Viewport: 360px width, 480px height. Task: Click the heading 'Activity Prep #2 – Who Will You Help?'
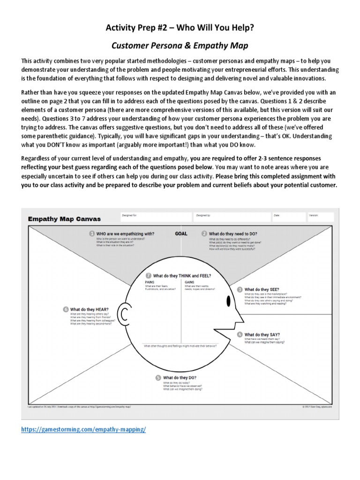(x=180, y=30)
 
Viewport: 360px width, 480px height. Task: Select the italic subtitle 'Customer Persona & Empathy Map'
(x=180, y=46)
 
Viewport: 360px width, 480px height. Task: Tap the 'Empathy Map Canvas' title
(x=64, y=218)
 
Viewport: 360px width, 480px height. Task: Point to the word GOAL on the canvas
(x=181, y=233)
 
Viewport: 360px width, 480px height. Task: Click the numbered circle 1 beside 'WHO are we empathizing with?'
(x=92, y=233)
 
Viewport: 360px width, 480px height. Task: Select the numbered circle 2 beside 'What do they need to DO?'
(x=204, y=233)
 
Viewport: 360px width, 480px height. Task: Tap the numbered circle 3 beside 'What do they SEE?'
(x=240, y=290)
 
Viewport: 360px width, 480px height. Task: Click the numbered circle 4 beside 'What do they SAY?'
(x=240, y=335)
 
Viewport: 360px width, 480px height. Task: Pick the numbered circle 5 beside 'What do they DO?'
(x=158, y=377)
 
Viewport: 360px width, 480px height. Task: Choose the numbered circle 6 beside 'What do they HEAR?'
(x=66, y=309)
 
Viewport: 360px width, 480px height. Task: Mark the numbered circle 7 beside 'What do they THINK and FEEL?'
(x=149, y=275)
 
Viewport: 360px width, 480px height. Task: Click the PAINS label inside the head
(x=149, y=283)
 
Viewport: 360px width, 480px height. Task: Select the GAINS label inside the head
(x=189, y=283)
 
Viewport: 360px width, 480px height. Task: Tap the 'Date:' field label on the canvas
(x=277, y=215)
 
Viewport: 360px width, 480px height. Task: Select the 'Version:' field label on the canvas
(x=314, y=215)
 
